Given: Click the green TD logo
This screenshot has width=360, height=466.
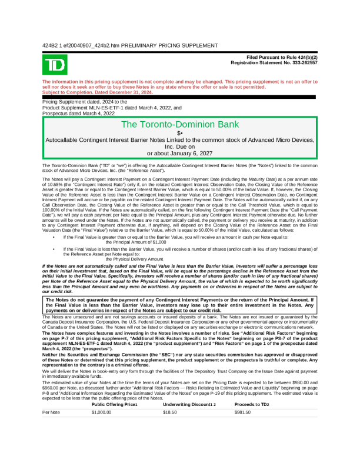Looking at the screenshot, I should [x=55, y=64].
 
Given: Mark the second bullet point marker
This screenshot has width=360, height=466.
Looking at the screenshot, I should [x=54, y=249].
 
